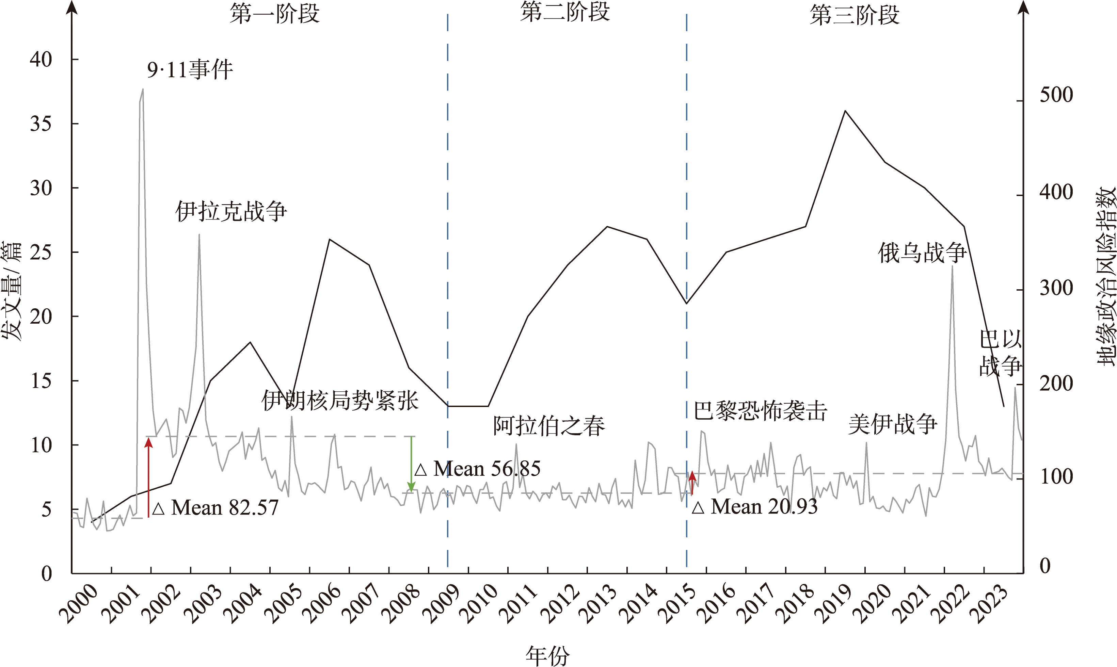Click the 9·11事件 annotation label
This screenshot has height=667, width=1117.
[190, 70]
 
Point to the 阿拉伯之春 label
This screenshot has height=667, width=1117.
[549, 426]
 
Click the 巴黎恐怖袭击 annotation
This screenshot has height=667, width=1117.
[760, 410]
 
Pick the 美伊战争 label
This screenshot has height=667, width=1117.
[892, 424]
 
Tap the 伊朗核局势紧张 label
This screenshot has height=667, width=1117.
[340, 401]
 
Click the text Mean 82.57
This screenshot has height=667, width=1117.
[224, 508]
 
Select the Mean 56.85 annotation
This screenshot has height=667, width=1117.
[486, 469]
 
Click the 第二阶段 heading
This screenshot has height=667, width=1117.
[565, 12]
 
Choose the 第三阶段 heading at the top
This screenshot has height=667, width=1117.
[855, 15]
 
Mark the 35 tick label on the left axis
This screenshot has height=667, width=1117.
[41, 124]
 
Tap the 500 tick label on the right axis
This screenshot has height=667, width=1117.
[1056, 95]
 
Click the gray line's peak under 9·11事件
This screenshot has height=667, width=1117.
[143, 89]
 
